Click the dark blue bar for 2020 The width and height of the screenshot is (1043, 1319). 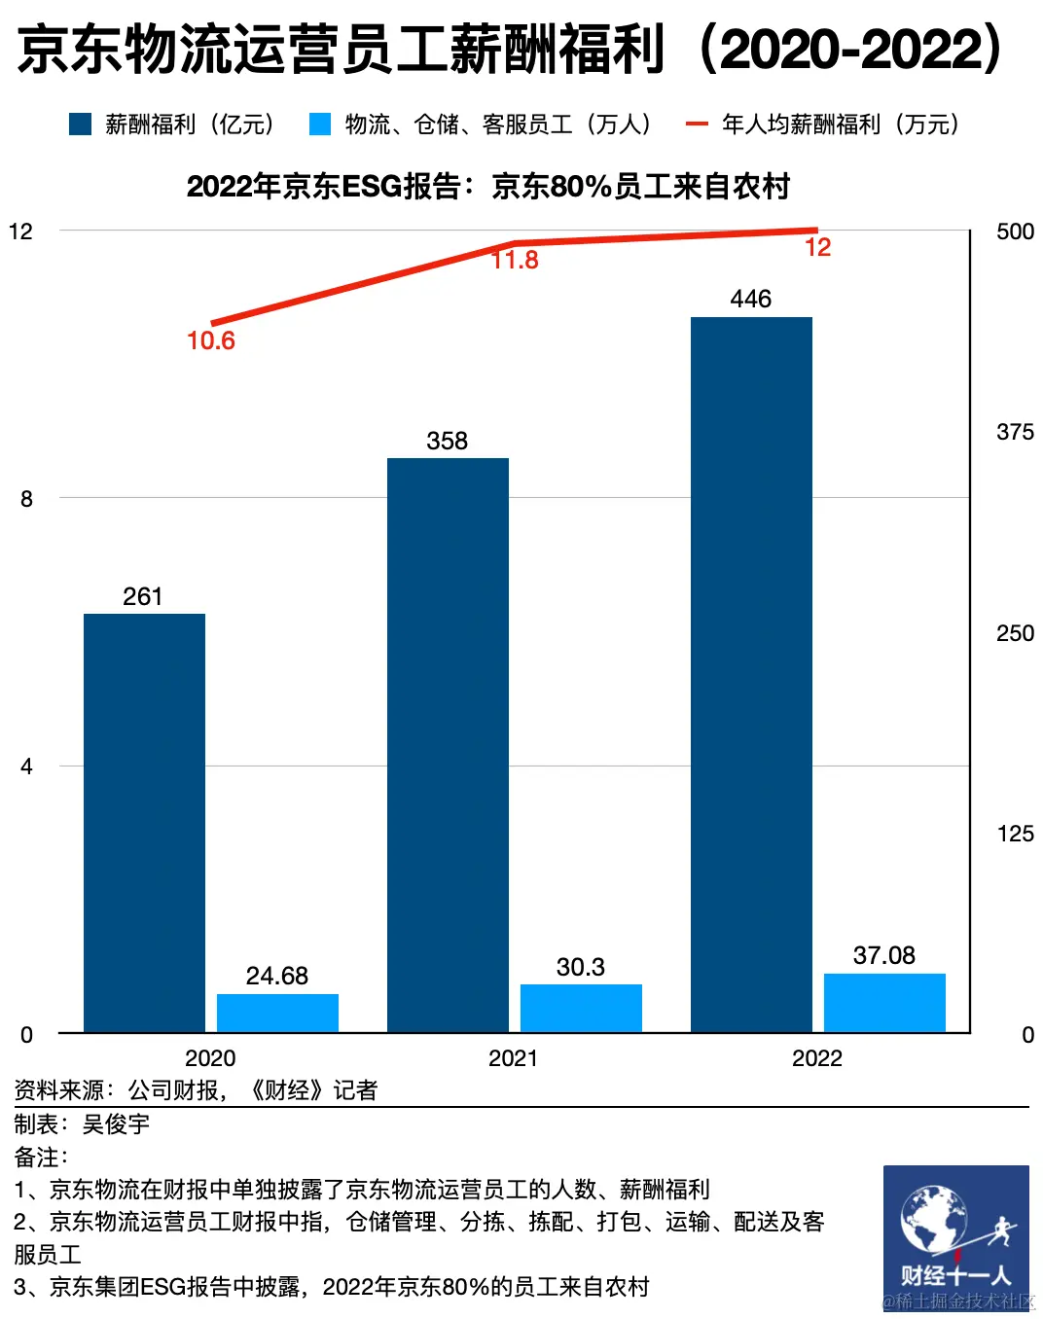coord(144,822)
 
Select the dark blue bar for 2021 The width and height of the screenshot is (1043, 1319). coord(448,744)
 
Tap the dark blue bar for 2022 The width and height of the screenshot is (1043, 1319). coord(751,674)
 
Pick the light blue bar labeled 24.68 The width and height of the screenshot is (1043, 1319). coord(277,1013)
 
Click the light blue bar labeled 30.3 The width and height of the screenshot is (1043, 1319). coord(581,1008)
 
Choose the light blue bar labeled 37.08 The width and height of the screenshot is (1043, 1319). coord(884,1002)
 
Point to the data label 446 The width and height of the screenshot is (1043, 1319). coord(751,299)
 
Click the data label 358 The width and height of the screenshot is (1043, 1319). coord(448,441)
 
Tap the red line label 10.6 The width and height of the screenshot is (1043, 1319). coord(211,340)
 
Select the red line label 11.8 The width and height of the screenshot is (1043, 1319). coord(515,260)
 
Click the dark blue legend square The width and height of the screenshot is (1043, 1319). coord(80,125)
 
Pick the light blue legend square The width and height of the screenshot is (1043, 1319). coord(320,125)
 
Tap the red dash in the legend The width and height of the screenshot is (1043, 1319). coord(697,125)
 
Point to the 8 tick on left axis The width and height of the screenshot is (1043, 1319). coord(26,499)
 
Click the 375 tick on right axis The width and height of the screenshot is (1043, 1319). coord(1015,432)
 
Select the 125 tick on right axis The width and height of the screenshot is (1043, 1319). coord(1015,834)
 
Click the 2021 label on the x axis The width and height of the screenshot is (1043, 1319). coord(513,1058)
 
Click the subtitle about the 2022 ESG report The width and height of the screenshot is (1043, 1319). coord(487,186)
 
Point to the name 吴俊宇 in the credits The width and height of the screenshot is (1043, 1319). coord(116,1124)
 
